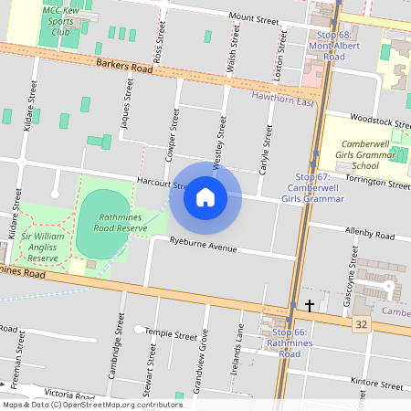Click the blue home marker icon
click(x=205, y=196)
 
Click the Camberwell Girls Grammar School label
click(x=365, y=155)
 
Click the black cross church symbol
click(x=310, y=304)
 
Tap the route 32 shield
click(x=361, y=324)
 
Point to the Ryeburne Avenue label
click(x=203, y=245)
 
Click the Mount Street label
click(x=253, y=18)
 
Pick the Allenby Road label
click(x=368, y=235)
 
